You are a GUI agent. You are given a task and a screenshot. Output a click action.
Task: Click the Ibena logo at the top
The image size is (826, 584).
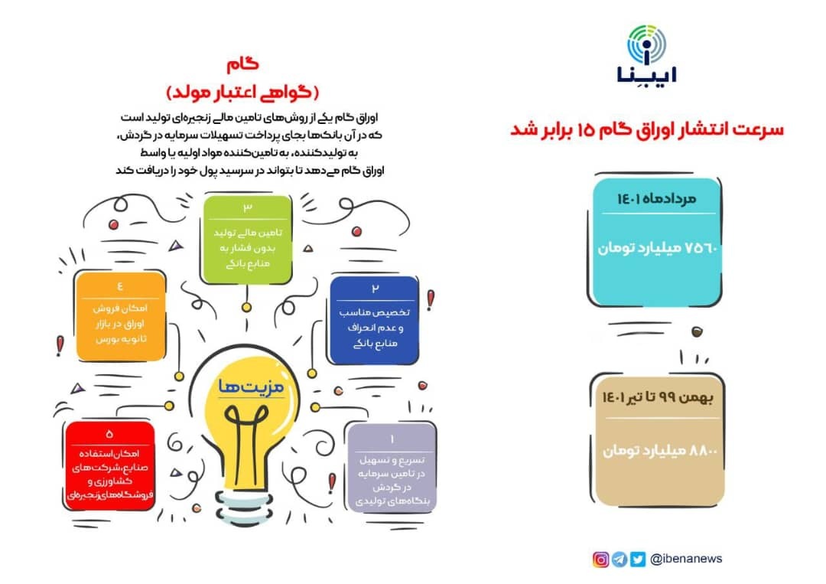click(647, 54)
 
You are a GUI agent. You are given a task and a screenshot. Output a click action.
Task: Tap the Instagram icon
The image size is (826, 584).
click(600, 560)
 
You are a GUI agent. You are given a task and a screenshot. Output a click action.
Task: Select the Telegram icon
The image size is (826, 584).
click(619, 560)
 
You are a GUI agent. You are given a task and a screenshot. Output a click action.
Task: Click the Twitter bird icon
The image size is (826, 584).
click(637, 560)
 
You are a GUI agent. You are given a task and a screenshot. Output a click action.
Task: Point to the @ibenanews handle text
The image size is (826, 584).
click(686, 559)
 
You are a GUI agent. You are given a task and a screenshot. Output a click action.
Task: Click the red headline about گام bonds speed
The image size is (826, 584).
click(647, 129)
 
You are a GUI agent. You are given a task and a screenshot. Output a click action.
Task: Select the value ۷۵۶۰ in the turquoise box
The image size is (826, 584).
click(702, 247)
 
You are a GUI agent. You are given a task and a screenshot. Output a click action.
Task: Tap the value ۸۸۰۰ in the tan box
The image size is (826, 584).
click(703, 451)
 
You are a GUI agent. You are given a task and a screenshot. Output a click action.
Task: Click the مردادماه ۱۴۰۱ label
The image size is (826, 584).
click(656, 199)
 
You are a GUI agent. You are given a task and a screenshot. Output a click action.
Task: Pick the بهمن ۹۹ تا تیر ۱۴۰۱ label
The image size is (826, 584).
click(658, 397)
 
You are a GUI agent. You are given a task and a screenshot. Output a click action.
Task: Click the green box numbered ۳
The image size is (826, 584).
click(248, 240)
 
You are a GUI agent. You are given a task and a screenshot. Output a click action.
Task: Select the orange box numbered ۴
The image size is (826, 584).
click(121, 316)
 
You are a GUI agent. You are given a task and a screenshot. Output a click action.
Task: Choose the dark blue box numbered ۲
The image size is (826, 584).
click(375, 321)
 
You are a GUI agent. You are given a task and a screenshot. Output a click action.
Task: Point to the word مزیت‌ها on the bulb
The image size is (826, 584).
click(252, 387)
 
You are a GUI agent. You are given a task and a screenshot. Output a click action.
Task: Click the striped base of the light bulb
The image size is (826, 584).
click(242, 508)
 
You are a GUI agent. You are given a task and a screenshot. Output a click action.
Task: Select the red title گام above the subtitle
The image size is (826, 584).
click(243, 64)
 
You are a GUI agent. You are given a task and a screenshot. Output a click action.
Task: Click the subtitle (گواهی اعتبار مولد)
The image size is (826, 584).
click(243, 93)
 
